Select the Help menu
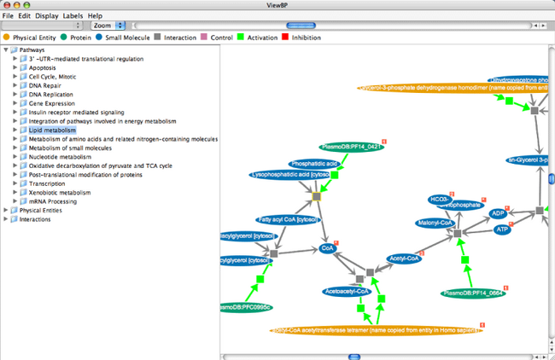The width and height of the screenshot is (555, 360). click(x=94, y=15)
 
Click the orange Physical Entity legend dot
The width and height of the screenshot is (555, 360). click(x=7, y=38)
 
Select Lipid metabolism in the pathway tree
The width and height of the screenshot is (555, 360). click(x=52, y=130)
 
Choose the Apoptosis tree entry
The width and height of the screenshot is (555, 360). click(x=43, y=67)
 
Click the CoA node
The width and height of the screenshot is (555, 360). click(x=325, y=248)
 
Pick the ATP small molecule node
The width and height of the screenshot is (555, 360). click(x=502, y=229)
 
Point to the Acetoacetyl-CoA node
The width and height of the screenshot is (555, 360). click(x=347, y=291)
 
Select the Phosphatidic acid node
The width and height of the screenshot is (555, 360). click(x=315, y=163)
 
